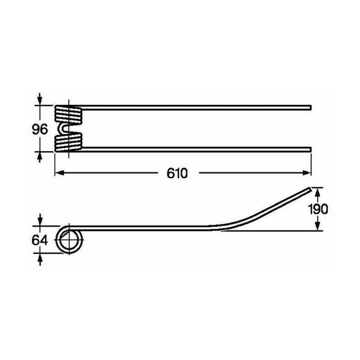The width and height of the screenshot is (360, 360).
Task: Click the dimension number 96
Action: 40,129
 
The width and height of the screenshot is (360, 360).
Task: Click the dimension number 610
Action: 177,173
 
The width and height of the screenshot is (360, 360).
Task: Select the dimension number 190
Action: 318,209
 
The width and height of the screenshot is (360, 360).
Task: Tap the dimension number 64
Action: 40,240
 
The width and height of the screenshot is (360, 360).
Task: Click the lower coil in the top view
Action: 68,143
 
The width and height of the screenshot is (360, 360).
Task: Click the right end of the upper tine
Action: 310,108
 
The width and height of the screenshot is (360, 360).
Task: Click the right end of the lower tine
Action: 310,149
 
